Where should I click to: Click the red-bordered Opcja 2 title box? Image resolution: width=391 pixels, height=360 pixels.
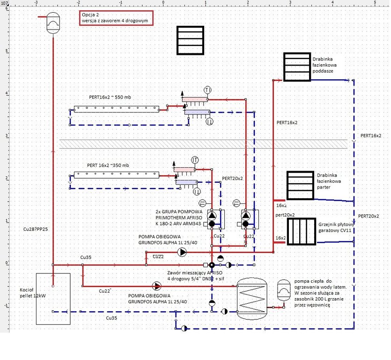click(116, 18)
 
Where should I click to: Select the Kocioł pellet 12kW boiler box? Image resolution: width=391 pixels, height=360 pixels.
click(53, 299)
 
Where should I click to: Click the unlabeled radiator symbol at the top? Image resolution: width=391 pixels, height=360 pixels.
click(191, 40)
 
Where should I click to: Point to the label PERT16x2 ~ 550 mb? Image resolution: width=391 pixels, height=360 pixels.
click(110, 97)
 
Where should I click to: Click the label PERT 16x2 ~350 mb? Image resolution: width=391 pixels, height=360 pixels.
click(108, 165)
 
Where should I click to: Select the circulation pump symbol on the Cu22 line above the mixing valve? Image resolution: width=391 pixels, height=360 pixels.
click(182, 252)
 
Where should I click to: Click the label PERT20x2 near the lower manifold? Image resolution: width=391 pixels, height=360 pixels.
click(232, 179)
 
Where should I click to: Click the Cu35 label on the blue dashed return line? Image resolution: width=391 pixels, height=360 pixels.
click(111, 318)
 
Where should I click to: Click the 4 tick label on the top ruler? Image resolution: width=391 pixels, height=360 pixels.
click(332, 3)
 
